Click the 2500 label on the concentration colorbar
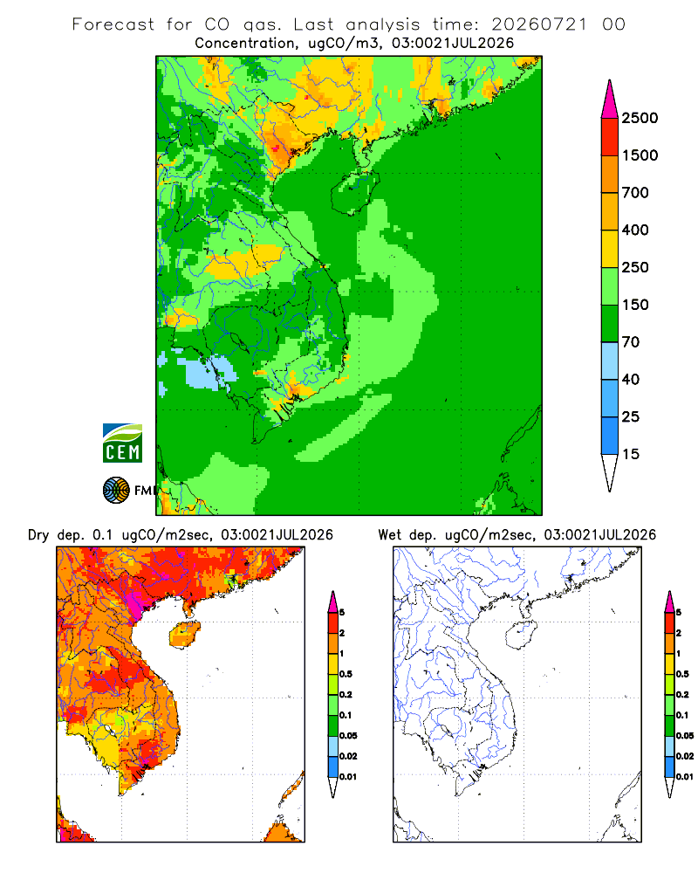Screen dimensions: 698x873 (x=640, y=118)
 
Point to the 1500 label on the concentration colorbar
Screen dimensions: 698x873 (x=640, y=155)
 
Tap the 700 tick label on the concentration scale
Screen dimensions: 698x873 (x=635, y=193)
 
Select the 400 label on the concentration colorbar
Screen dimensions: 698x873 (x=635, y=230)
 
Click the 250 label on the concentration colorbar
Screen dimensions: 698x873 (x=635, y=267)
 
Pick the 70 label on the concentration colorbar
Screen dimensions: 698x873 (x=631, y=342)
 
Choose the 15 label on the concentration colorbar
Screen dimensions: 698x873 (x=631, y=454)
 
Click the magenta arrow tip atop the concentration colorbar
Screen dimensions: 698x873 (x=610, y=100)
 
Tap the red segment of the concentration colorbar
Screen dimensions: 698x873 (x=610, y=137)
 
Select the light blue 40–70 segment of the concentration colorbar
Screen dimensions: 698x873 (x=610, y=361)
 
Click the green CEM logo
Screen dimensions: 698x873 (x=122, y=443)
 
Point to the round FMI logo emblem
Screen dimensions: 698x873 (x=116, y=490)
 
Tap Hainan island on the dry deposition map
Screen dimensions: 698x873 (x=185, y=635)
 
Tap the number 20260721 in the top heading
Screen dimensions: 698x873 (x=539, y=24)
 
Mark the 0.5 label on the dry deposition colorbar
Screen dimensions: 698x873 (x=346, y=674)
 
